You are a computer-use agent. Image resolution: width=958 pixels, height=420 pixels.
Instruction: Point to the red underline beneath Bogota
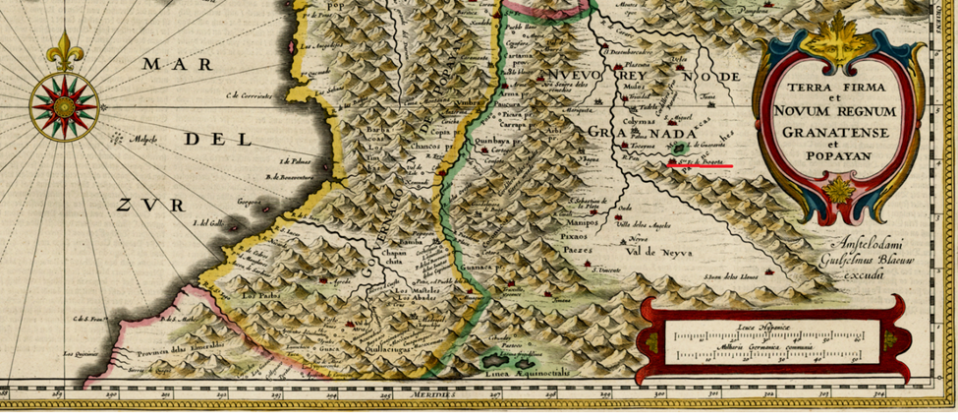[699, 166]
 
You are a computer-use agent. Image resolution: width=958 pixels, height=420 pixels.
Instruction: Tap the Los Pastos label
[262, 295]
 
